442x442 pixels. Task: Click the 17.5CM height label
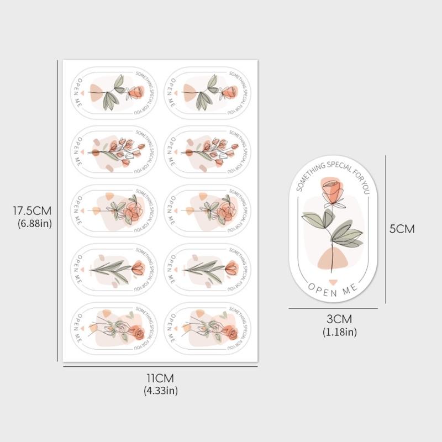(x=32, y=211)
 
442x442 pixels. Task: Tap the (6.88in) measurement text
(x=32, y=223)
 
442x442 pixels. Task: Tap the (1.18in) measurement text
(x=339, y=331)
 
